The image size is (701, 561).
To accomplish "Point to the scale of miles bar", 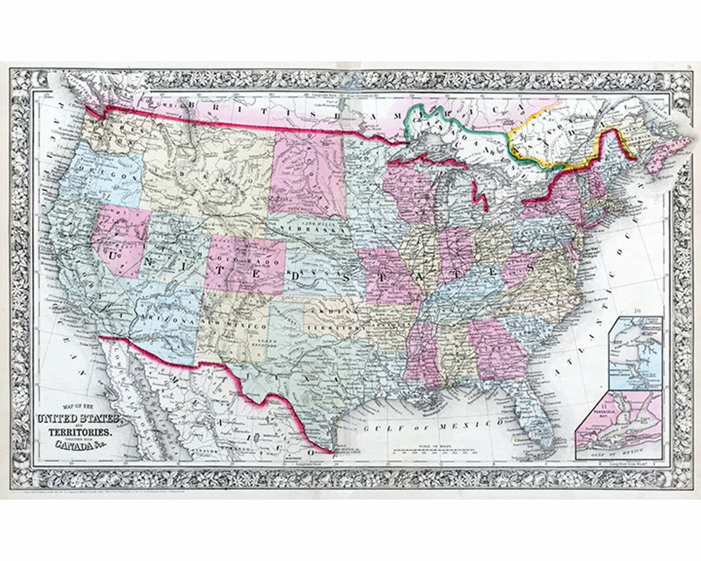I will tap(435, 451).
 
